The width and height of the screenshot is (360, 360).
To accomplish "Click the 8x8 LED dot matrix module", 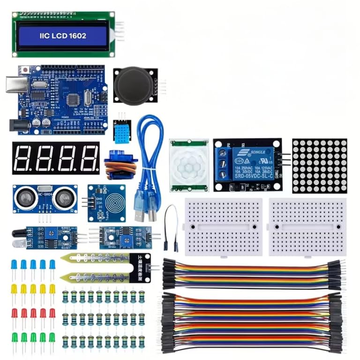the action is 320,165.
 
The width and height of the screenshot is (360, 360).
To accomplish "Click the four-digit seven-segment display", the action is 56,158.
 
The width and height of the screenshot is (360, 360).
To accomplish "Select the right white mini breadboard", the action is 307,226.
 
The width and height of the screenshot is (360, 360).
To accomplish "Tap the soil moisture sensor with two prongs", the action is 105,267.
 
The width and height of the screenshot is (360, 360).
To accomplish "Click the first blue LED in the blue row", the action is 14,265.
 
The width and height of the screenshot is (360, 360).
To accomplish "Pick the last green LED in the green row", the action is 52,337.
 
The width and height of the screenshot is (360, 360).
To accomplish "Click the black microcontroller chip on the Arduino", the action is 72,99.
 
